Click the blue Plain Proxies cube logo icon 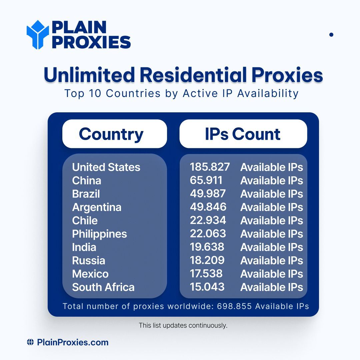[x=38, y=34]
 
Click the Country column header [x=111, y=134]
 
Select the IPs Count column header [x=243, y=134]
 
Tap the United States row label [x=106, y=167]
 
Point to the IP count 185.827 [x=210, y=167]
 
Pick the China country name [x=86, y=180]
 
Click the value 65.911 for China [x=206, y=180]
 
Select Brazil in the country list [x=86, y=194]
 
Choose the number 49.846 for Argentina [x=208, y=207]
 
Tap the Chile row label [x=85, y=220]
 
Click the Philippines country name [x=99, y=234]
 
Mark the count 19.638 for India [x=207, y=247]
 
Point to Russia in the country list [x=88, y=260]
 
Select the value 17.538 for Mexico [x=206, y=273]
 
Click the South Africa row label [x=103, y=287]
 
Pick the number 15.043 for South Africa [x=207, y=287]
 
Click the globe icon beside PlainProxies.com [x=30, y=342]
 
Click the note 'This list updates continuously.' [x=183, y=325]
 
